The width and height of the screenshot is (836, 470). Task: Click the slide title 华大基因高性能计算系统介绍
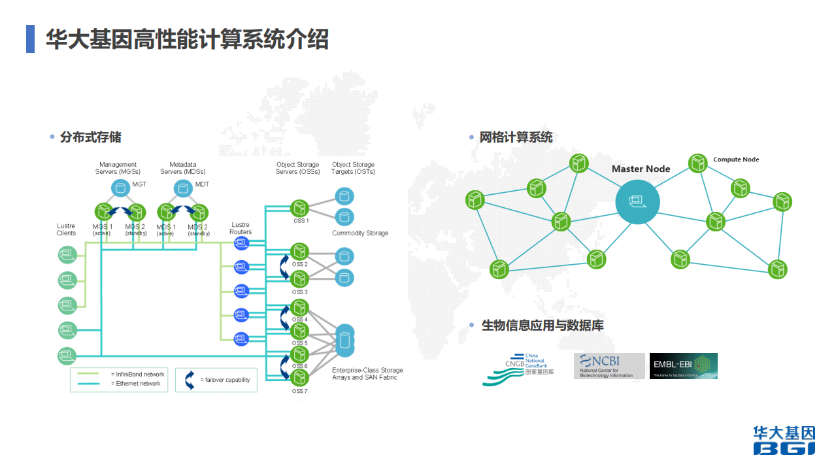(187, 39)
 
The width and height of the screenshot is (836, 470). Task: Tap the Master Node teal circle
(637, 201)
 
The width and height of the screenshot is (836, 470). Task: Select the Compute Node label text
(736, 159)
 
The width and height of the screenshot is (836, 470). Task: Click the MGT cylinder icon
(120, 188)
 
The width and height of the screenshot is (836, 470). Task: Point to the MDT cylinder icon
(183, 188)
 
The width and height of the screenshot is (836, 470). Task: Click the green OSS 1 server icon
(300, 209)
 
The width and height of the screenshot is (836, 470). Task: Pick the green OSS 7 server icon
(300, 378)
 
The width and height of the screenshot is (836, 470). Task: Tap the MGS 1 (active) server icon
(103, 212)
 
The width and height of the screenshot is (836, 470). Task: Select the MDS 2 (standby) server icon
(199, 212)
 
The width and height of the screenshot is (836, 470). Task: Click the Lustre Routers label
(241, 228)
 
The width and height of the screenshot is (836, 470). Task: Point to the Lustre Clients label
(66, 229)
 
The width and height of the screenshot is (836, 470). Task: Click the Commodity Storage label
(360, 233)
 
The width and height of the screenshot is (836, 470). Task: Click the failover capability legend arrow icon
(189, 379)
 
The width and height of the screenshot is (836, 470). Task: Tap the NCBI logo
(609, 366)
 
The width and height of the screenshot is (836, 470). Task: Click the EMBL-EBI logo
(683, 366)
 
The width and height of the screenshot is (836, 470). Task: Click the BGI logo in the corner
(784, 441)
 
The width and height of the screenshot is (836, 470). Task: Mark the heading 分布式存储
(90, 137)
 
